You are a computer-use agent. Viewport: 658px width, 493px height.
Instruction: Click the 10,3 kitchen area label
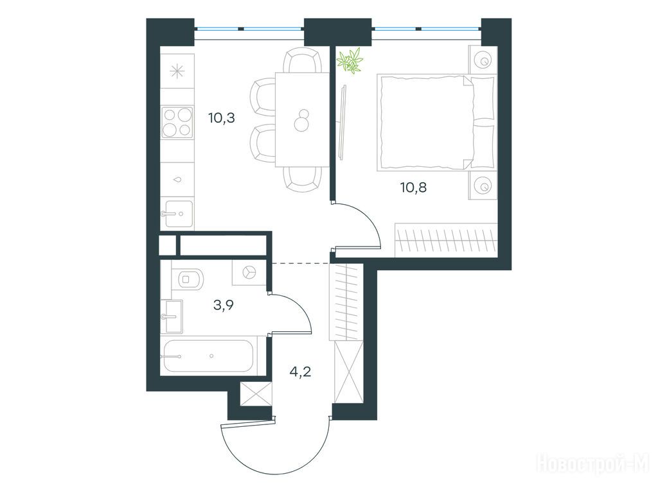221,118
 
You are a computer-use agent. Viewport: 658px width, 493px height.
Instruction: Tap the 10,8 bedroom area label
414,187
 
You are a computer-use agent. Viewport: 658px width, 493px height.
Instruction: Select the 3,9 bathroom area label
223,305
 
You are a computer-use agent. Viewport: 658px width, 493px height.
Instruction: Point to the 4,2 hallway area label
301,371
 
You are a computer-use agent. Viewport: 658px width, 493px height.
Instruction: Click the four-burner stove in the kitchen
178,122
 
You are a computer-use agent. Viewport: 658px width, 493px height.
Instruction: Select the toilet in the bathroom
188,278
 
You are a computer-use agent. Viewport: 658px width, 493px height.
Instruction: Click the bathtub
208,356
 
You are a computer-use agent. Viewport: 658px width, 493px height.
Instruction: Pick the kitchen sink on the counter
177,214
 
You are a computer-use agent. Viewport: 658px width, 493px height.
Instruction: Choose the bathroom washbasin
172,316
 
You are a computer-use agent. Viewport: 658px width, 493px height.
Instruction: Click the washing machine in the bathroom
249,272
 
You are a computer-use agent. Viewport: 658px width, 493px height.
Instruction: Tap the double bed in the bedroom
436,123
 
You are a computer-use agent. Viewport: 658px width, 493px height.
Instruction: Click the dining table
302,120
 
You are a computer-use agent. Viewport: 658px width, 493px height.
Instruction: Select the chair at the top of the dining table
302,60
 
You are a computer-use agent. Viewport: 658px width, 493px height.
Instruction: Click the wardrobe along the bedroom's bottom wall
446,240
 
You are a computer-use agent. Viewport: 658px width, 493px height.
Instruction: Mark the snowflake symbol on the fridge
177,71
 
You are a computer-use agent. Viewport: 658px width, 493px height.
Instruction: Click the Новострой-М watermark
593,464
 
